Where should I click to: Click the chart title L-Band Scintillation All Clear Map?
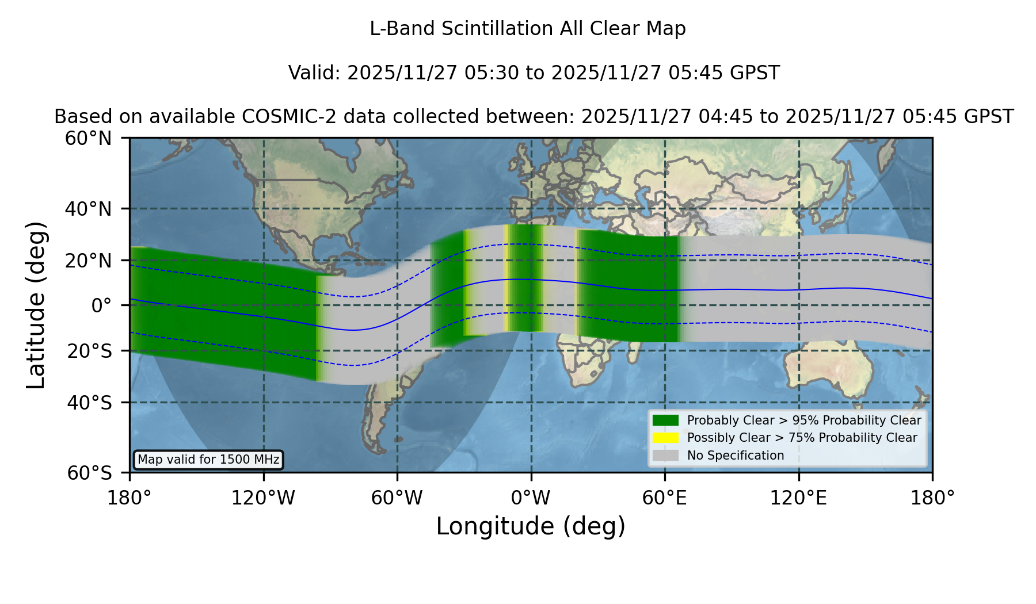click(528, 29)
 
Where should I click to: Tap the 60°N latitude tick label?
click(88, 139)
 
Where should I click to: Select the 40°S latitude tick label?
click(89, 403)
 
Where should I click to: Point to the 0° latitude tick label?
click(101, 305)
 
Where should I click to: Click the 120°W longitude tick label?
click(263, 498)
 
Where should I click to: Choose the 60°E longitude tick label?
click(665, 498)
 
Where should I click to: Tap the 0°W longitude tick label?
click(531, 498)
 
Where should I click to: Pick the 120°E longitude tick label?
click(798, 498)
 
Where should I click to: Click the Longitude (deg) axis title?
click(531, 527)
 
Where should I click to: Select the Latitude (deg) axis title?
click(36, 305)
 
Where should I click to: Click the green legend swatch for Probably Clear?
click(666, 420)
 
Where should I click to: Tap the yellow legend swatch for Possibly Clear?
click(666, 438)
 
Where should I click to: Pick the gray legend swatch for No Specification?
click(666, 456)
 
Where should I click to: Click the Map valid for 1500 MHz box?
click(208, 460)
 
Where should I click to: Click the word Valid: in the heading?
click(315, 73)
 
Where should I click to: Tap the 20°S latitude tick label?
click(89, 351)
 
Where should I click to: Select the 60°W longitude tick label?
click(397, 498)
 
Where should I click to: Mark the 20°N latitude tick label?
click(88, 261)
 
